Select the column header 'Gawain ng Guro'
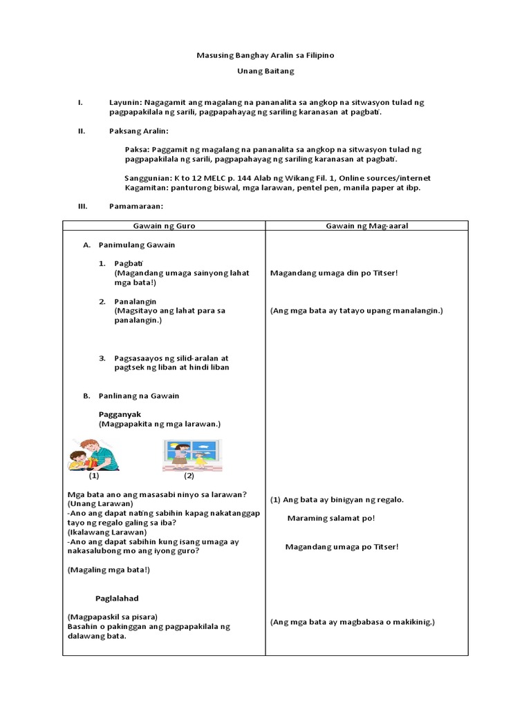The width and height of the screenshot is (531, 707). click(164, 226)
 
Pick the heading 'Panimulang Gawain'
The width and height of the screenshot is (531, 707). click(137, 245)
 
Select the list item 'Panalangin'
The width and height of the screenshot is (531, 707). click(136, 302)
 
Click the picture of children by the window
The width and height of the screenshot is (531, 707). click(188, 455)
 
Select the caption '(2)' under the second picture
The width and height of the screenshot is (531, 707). click(189, 476)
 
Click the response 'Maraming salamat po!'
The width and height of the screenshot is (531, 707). click(330, 518)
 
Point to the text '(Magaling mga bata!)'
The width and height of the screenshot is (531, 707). click(109, 570)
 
